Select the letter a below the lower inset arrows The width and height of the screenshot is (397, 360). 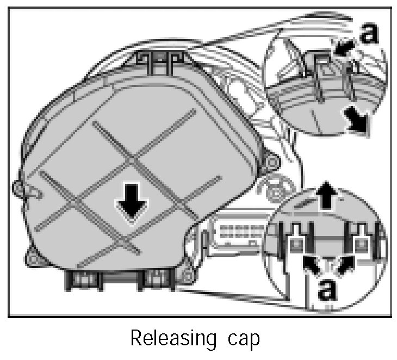[326, 288]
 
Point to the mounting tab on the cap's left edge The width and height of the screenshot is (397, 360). [24, 189]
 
